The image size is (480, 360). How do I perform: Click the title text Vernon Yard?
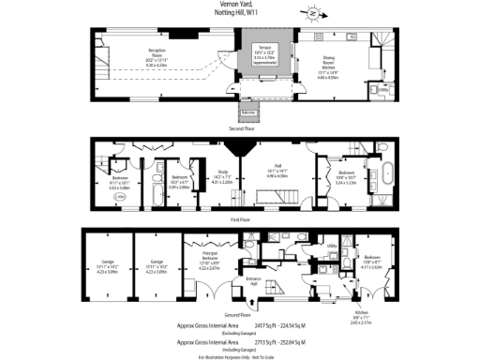239,4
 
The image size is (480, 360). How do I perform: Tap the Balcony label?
247,112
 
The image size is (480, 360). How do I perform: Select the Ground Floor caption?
239,314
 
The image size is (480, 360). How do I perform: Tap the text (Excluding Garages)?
239,332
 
